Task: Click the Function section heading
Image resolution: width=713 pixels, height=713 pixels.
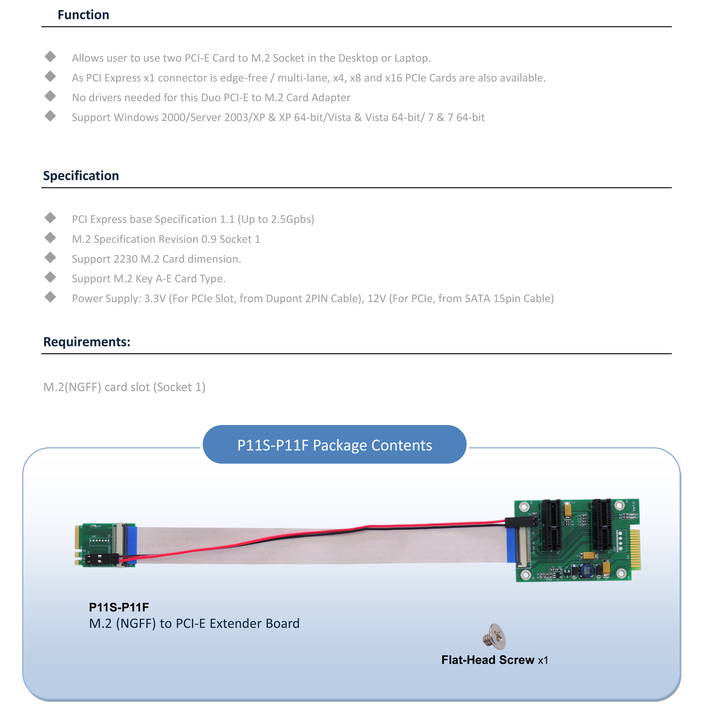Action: (x=83, y=15)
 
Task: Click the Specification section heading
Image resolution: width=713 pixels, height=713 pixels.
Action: (x=81, y=176)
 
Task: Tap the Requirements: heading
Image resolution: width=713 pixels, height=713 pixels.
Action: (x=87, y=342)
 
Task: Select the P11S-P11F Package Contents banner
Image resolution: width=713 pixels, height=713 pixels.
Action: (x=334, y=445)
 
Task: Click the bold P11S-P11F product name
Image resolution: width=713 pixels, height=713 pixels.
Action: (x=119, y=607)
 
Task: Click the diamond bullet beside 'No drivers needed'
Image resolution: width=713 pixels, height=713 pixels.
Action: (x=50, y=96)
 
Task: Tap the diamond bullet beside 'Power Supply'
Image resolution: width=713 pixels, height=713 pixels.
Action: (x=50, y=297)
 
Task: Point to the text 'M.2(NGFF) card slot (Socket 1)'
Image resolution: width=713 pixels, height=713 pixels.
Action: (x=124, y=387)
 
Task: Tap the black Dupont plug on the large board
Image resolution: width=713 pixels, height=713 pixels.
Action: (x=521, y=522)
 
